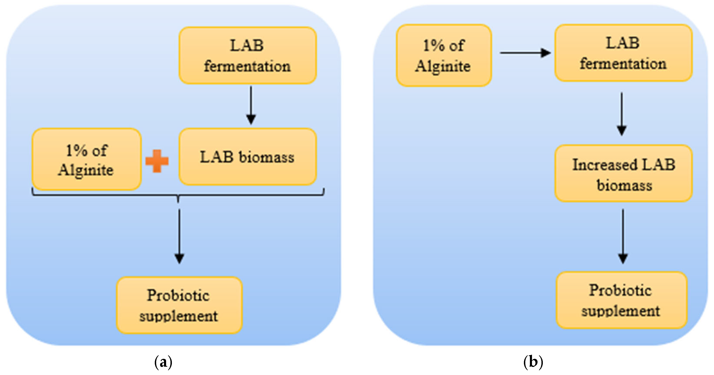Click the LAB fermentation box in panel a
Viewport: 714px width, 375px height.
[248, 55]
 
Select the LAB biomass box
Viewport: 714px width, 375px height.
[248, 157]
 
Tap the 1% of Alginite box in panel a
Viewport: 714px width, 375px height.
[87, 160]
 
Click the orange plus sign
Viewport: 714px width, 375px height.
[157, 161]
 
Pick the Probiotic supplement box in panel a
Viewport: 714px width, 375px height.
[179, 305]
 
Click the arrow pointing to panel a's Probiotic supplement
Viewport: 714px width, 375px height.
[179, 236]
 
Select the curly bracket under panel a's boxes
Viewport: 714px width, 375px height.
[178, 195]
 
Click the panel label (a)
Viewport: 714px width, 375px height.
[163, 362]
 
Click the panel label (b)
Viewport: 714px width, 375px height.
[533, 362]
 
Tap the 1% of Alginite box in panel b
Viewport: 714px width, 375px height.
[443, 55]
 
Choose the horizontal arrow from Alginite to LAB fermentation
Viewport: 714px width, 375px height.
[525, 53]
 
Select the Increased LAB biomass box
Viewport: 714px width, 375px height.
[624, 174]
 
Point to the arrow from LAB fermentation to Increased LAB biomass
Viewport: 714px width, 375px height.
[622, 114]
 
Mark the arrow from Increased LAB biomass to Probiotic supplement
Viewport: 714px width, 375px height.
[623, 236]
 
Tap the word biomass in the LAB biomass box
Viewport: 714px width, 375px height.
[266, 157]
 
